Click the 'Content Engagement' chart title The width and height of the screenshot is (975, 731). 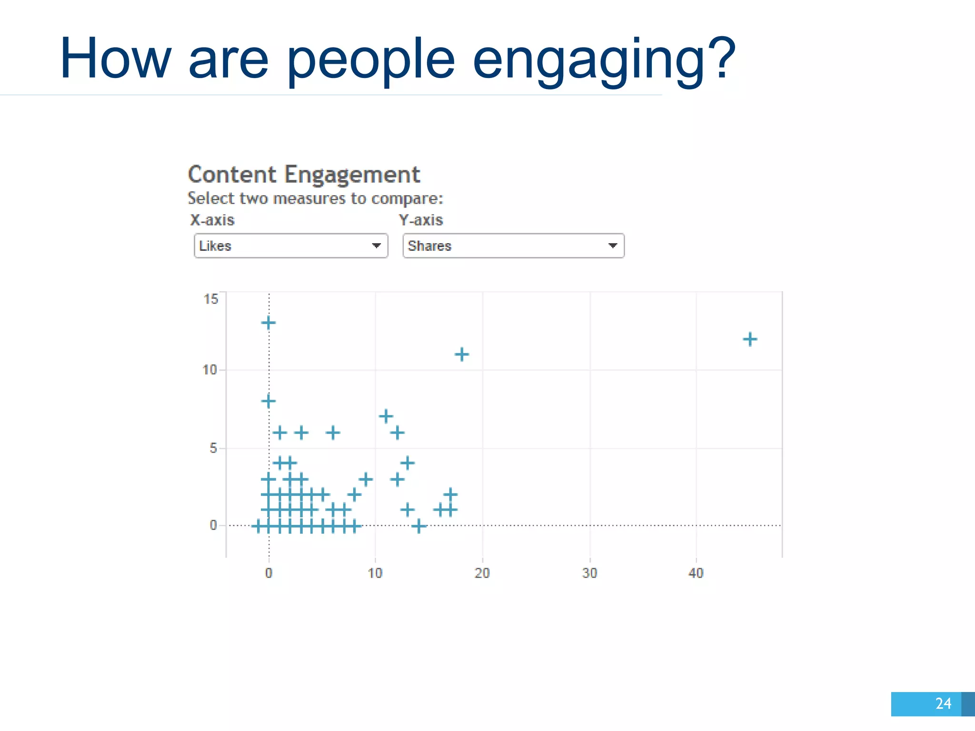point(304,175)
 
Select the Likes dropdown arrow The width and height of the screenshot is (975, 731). point(376,246)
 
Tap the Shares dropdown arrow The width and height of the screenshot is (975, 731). point(612,246)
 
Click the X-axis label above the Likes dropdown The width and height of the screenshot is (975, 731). point(212,220)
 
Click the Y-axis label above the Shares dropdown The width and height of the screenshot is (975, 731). point(421,220)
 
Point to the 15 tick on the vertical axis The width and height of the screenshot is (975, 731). point(211,299)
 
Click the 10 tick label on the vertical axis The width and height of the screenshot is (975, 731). point(209,370)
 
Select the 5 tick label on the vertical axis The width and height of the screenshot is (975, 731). point(213,448)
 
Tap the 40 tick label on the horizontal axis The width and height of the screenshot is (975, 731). point(696,573)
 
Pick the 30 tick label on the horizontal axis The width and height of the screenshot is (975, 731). point(589,573)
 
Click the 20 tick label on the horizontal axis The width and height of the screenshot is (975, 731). point(482,573)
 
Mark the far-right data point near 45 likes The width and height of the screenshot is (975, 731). point(750,339)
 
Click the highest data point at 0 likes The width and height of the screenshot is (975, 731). point(269,323)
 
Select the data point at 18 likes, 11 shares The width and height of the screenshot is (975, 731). point(461,354)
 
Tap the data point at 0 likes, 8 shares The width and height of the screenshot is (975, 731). point(269,401)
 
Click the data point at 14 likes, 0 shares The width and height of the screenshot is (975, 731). point(418,526)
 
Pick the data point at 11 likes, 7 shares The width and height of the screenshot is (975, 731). point(386,416)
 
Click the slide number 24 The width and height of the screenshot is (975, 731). point(943,703)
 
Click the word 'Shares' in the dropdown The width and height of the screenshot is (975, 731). point(429,246)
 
